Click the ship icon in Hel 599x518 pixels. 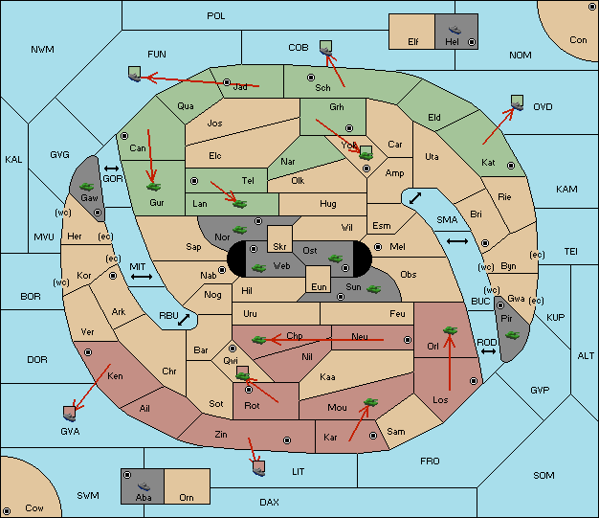click(x=455, y=30)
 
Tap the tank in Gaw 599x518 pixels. click(x=87, y=186)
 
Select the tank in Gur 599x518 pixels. click(x=153, y=187)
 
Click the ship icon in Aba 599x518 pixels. click(x=144, y=485)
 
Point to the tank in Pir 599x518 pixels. click(x=512, y=335)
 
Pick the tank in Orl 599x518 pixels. click(x=450, y=330)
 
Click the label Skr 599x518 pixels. click(x=279, y=247)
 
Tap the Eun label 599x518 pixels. click(x=319, y=286)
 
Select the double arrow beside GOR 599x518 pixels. click(x=112, y=169)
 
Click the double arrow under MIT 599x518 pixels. click(x=142, y=277)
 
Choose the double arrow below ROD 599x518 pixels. click(x=488, y=351)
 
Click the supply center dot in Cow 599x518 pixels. click(x=7, y=510)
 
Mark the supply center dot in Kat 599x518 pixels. click(x=511, y=166)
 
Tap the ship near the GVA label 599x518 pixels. click(x=69, y=414)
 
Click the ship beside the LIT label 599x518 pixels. click(x=258, y=468)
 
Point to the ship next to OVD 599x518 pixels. click(x=518, y=102)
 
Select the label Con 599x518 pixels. click(x=578, y=40)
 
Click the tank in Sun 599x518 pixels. click(x=373, y=289)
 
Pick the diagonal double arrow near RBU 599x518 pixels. click(x=184, y=320)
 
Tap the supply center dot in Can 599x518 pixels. click(x=124, y=136)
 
